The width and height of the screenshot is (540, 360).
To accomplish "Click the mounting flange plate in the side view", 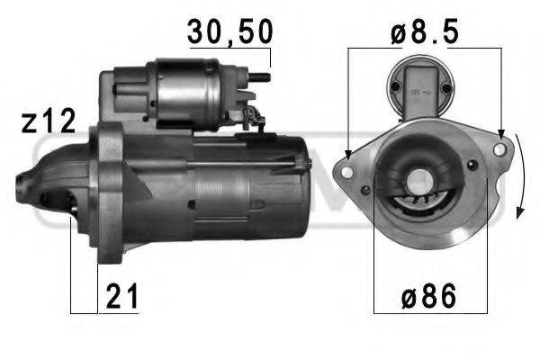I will coord(109,193).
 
